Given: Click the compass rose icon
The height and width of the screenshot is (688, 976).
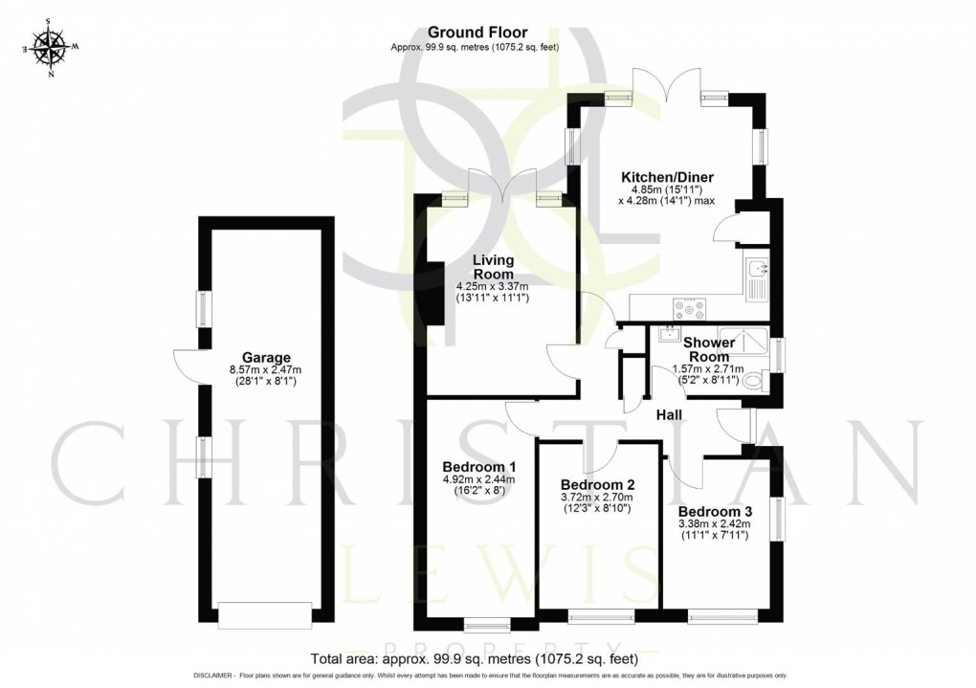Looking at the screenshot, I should coord(48,48).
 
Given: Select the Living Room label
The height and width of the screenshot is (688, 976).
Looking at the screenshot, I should coord(493,267).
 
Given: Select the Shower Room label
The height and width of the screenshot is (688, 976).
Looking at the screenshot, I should coord(709,349).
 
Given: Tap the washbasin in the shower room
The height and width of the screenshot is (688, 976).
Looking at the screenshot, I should coord(666,335).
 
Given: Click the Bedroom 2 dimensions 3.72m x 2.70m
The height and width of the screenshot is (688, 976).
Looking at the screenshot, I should coord(597,498).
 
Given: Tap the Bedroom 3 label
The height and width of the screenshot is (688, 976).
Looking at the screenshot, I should coord(714,510).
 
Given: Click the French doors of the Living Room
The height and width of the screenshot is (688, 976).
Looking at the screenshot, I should coord(504,189).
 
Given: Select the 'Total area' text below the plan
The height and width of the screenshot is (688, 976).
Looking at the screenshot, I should coord(474,659).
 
